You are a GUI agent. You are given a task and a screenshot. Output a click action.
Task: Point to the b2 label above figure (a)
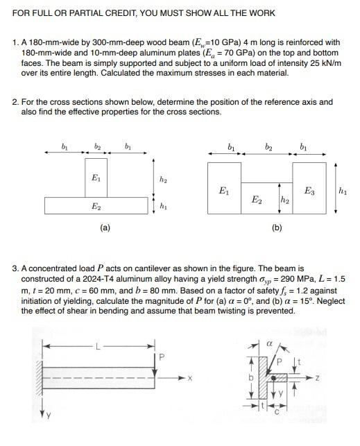pos(97,147)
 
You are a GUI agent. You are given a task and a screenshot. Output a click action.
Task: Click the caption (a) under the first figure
pos(104,227)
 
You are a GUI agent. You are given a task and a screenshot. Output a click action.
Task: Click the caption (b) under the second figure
pos(277,227)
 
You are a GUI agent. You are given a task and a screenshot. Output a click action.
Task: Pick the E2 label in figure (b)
pos(256,199)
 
